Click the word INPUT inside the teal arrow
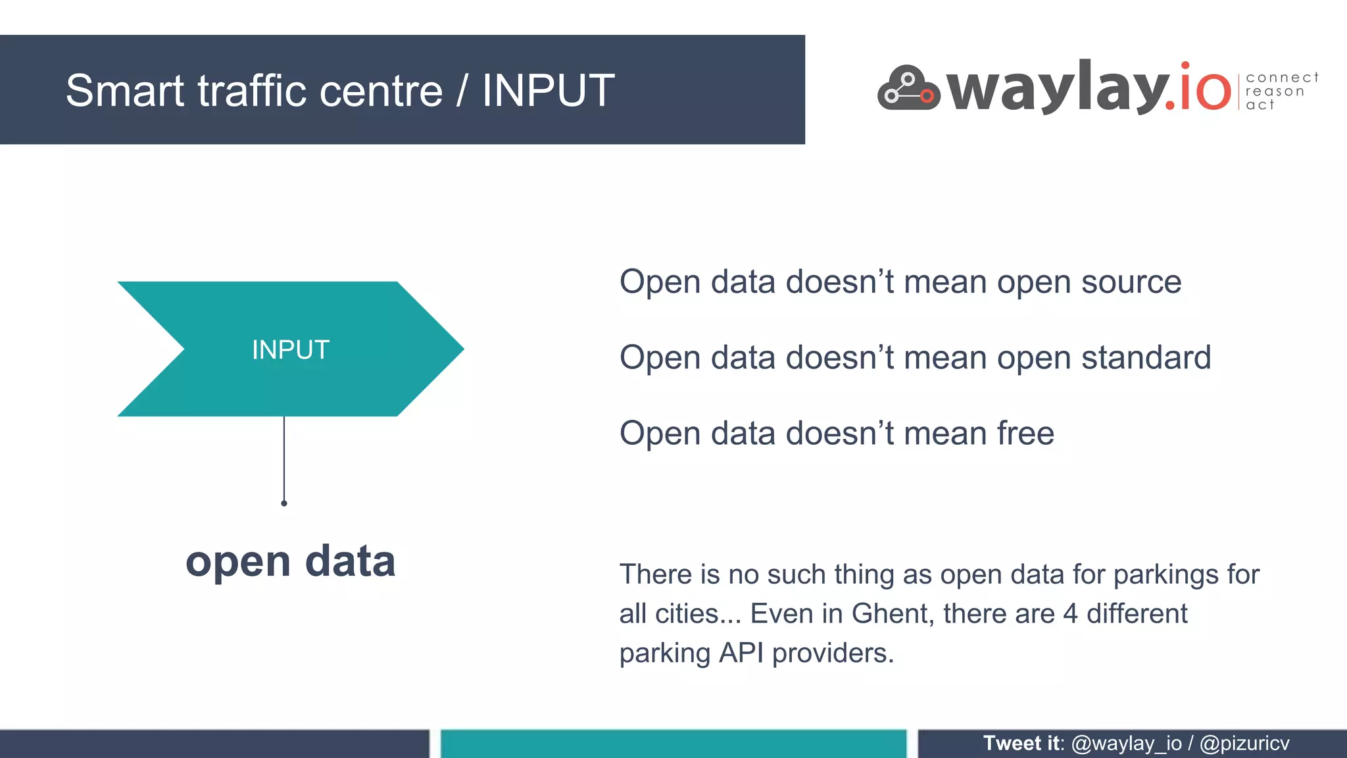pyautogui.click(x=291, y=350)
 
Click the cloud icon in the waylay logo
pyautogui.click(x=908, y=89)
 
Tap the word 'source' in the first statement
pyautogui.click(x=1131, y=282)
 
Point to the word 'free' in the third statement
pyautogui.click(x=1025, y=434)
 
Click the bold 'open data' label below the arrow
pyautogui.click(x=291, y=561)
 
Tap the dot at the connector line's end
pyautogui.click(x=284, y=503)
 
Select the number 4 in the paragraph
pyautogui.click(x=1070, y=614)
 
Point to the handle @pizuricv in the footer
pyautogui.click(x=1244, y=744)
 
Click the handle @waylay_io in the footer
pyautogui.click(x=1127, y=744)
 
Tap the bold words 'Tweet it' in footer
pyautogui.click(x=1021, y=744)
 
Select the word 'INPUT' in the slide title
pyautogui.click(x=549, y=91)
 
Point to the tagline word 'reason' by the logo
pyautogui.click(x=1275, y=91)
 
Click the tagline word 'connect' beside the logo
pyautogui.click(x=1282, y=78)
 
